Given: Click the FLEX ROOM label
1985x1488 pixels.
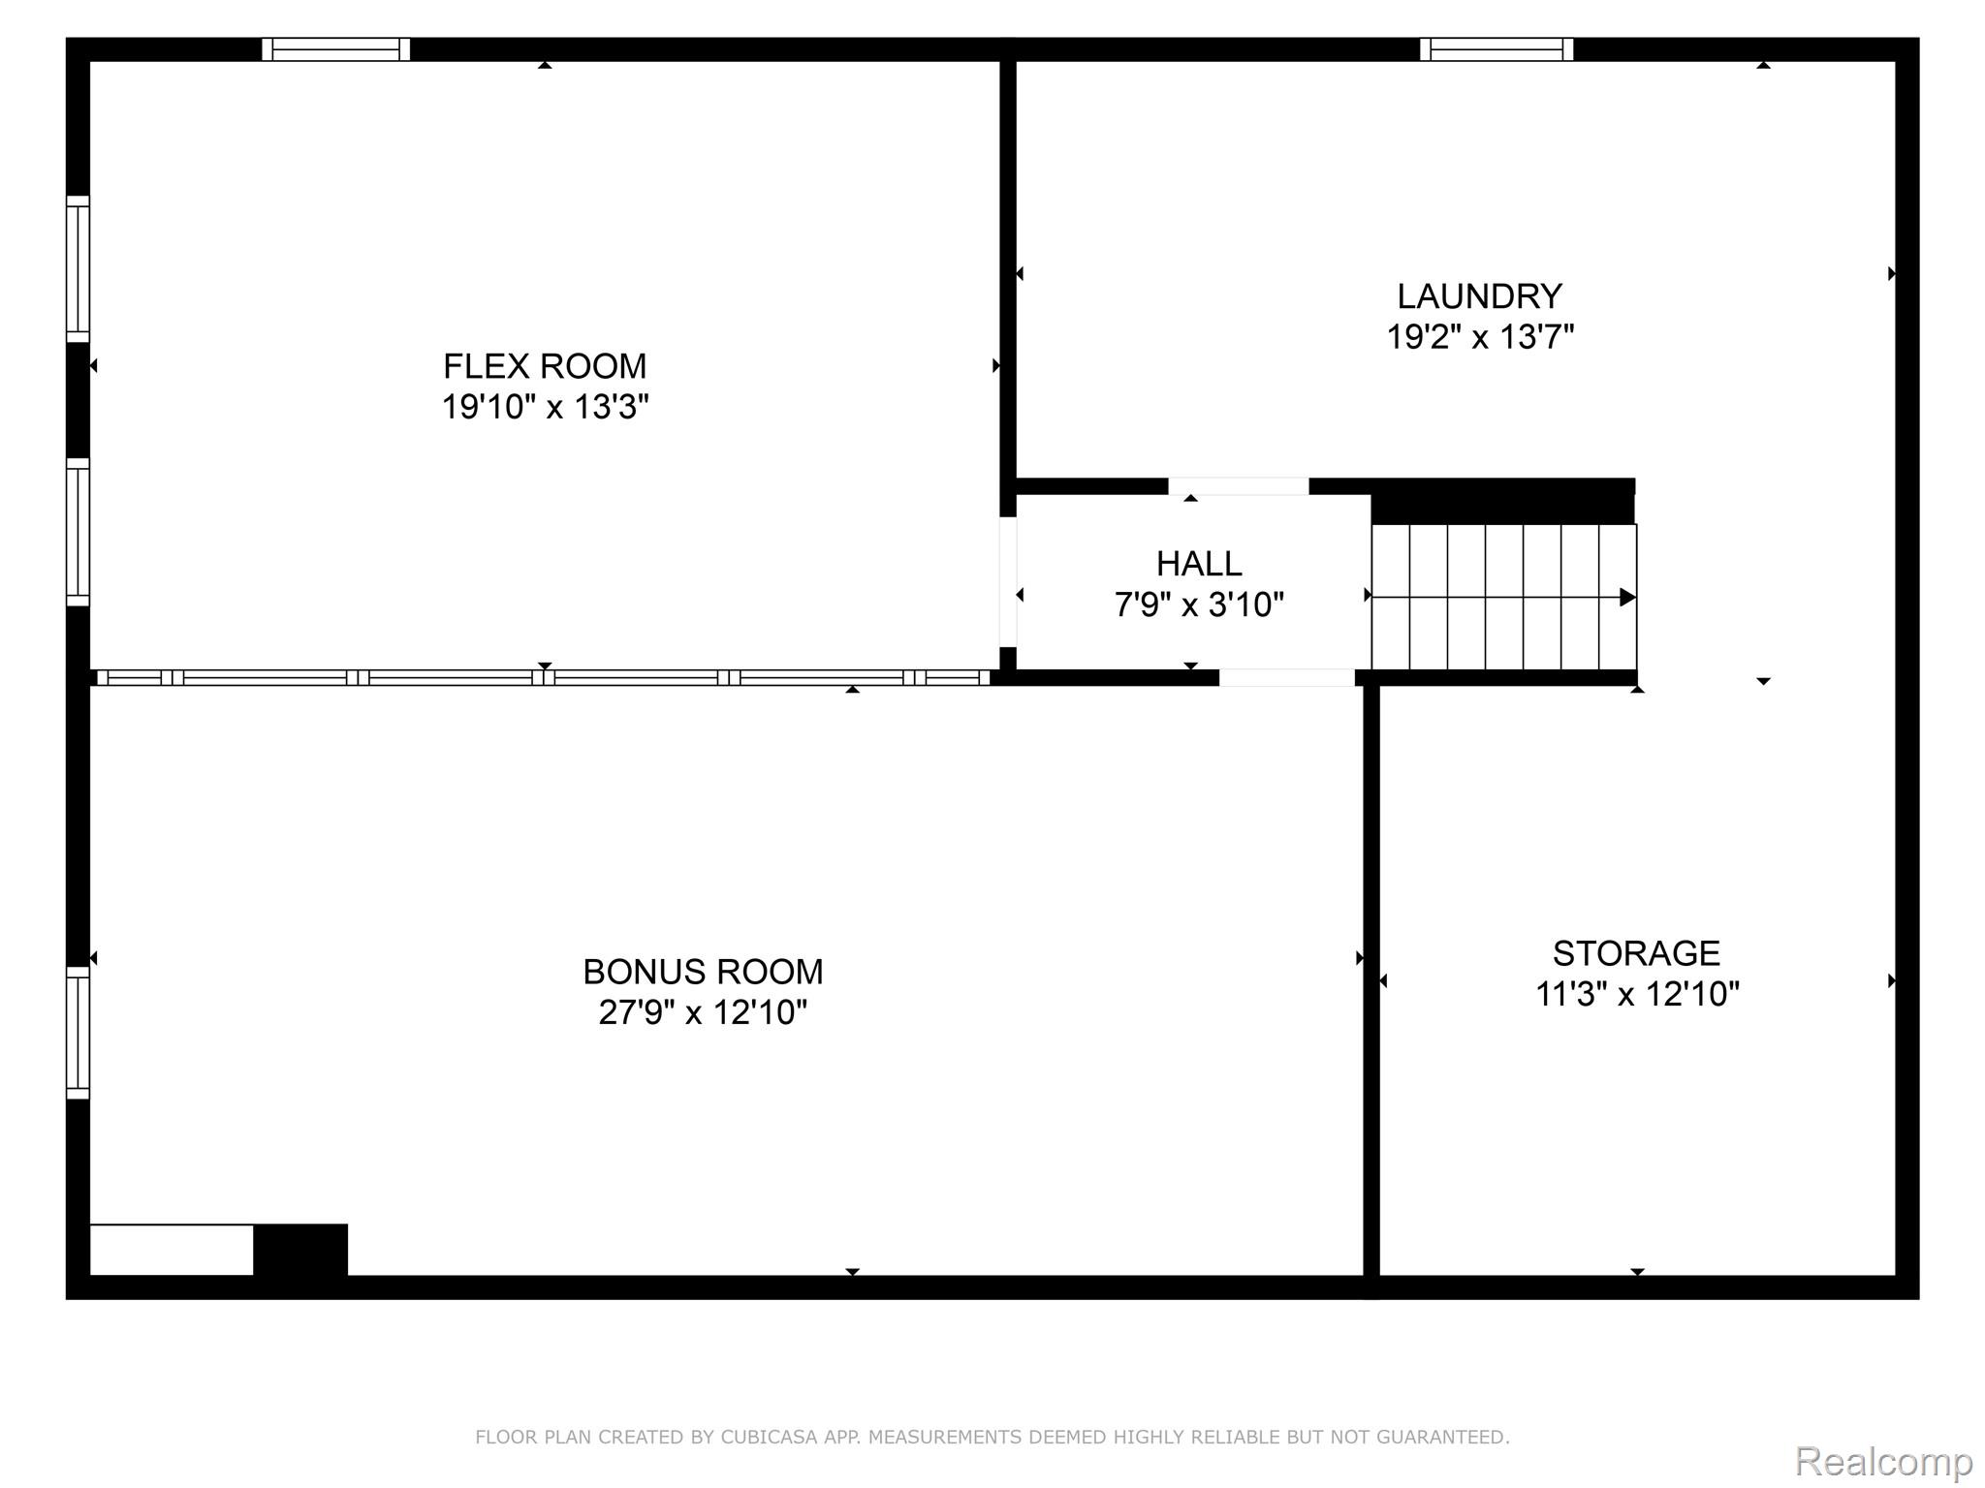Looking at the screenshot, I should (545, 366).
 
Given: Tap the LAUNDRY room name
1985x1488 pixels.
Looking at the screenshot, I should (1479, 295).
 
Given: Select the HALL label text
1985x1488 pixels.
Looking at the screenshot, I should (1198, 563).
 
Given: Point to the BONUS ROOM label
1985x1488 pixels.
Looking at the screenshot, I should (703, 971).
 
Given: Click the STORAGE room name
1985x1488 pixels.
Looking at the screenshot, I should (1636, 953).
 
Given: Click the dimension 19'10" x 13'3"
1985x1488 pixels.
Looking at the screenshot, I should (545, 407).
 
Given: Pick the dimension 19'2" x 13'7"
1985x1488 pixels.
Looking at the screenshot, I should (1479, 337).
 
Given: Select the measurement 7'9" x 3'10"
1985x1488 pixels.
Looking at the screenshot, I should (1198, 604).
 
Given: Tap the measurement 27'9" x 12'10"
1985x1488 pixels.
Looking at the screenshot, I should (703, 1012).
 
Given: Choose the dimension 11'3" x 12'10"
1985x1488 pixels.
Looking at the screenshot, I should (1636, 994).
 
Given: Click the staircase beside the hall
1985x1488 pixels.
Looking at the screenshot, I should (1502, 597).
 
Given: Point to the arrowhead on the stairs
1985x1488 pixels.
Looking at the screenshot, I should (1627, 598).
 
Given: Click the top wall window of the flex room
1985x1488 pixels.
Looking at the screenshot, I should (336, 49).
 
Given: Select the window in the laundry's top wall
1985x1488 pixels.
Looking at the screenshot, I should (1496, 49).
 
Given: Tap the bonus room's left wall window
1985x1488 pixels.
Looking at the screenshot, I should (78, 1033).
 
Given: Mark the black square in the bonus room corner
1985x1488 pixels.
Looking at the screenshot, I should (300, 1250).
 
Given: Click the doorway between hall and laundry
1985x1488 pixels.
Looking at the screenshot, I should (1238, 486).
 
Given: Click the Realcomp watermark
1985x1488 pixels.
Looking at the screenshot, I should (1883, 1461).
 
